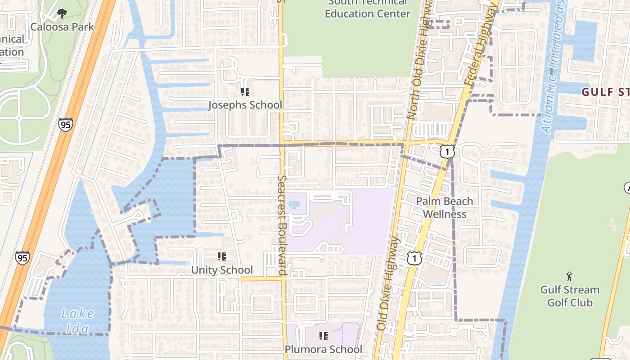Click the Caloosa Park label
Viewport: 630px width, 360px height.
coord(62,27)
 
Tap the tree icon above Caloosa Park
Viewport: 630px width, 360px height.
coord(62,14)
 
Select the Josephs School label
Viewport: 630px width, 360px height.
coord(245,105)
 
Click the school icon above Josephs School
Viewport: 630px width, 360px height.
coord(245,92)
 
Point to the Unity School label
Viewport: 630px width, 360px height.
coord(222,270)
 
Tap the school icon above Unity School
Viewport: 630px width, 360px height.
coord(222,256)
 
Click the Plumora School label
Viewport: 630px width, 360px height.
coord(323,349)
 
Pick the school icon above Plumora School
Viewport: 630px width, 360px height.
coord(323,336)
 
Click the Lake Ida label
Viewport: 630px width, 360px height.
coord(77,320)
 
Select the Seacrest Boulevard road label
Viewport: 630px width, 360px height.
coord(282,225)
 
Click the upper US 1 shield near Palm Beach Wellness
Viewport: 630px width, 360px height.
coord(447,152)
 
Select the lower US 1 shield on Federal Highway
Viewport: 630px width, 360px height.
coord(414,258)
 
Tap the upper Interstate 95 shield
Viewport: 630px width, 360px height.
coord(65,124)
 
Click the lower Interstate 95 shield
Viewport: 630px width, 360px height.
coord(22,257)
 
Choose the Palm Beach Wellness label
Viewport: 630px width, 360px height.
coord(445,207)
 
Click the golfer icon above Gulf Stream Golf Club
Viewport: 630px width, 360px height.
coord(570,276)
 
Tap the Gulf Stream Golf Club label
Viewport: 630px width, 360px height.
coord(570,296)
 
